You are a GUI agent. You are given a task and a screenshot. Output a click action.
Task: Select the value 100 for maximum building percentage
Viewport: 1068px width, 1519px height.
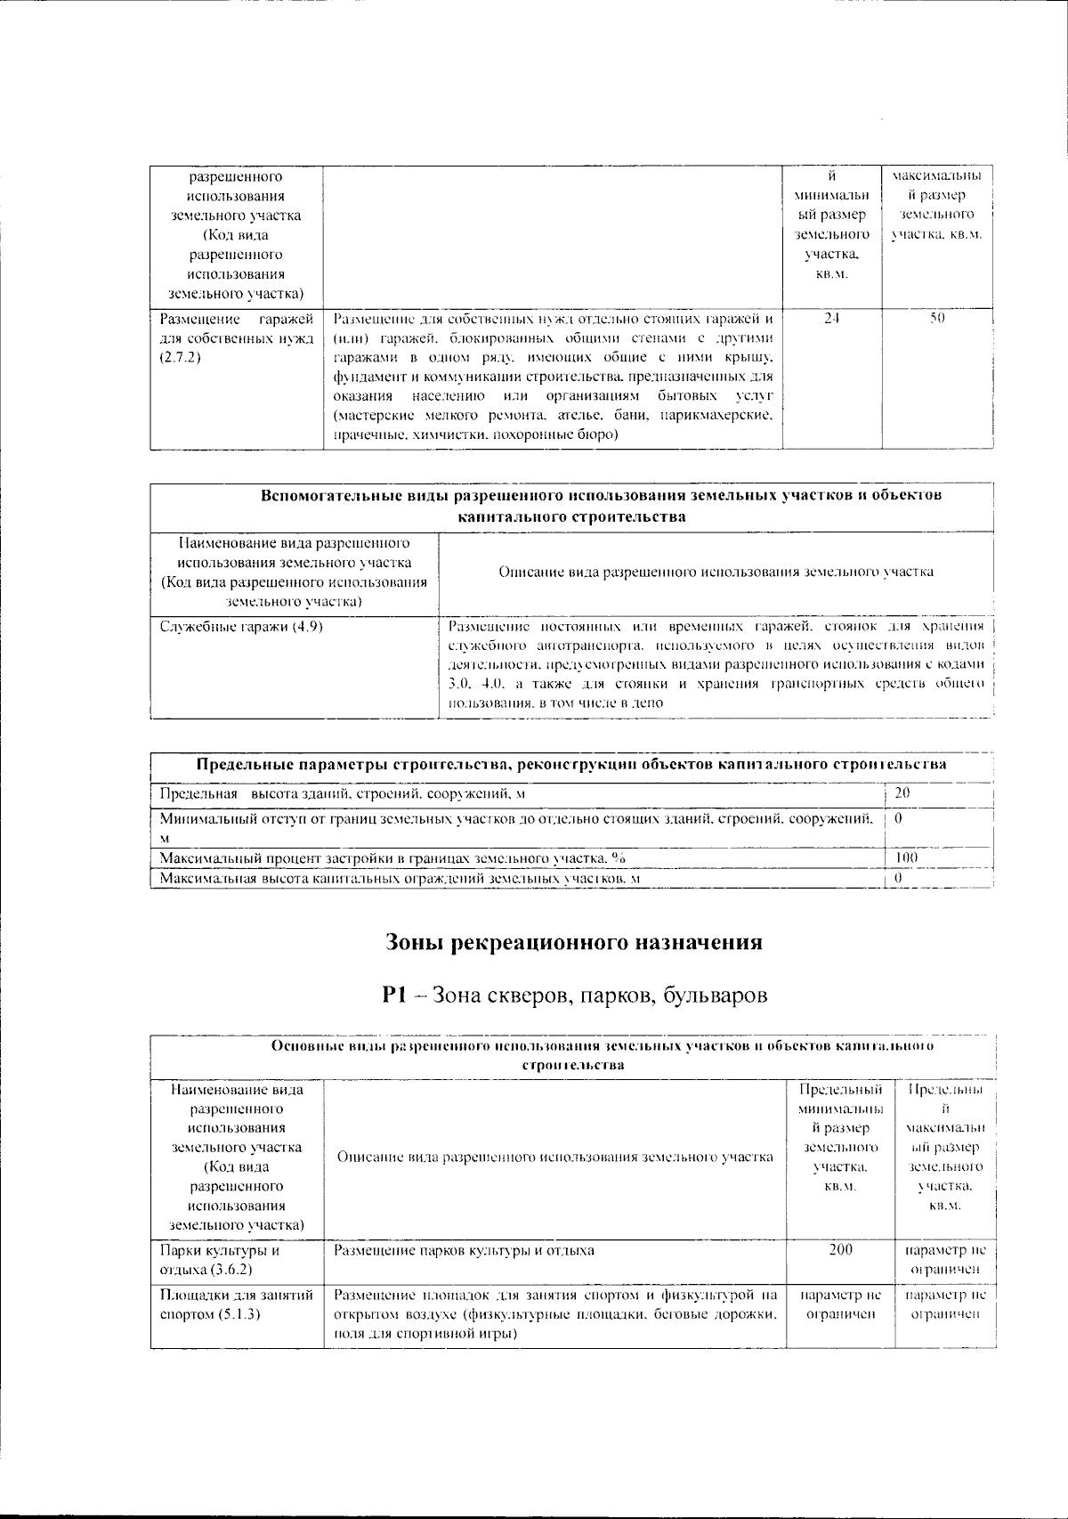click(906, 857)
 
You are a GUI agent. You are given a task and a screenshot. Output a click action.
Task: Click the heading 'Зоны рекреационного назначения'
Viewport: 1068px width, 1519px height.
click(574, 942)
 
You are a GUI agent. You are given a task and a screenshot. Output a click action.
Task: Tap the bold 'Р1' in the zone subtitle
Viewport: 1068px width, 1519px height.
click(393, 996)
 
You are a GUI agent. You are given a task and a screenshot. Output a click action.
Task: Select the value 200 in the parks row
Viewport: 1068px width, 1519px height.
click(840, 1250)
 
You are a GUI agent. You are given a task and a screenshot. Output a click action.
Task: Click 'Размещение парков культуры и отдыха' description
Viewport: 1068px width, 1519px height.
click(464, 1251)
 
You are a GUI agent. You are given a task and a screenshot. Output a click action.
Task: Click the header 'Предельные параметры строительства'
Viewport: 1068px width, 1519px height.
click(570, 765)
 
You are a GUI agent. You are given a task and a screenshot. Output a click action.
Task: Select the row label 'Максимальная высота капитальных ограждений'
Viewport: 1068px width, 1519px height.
click(400, 879)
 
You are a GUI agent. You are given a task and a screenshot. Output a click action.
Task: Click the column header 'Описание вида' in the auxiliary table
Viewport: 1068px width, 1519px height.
click(716, 572)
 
